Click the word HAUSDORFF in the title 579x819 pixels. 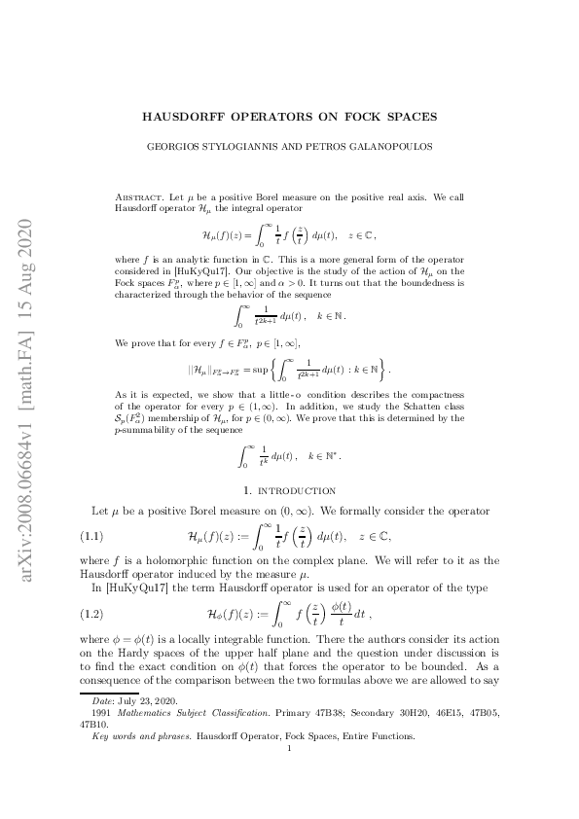click(x=186, y=117)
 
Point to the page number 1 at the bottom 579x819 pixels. click(x=289, y=774)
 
